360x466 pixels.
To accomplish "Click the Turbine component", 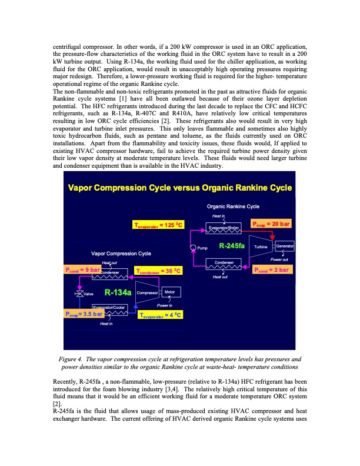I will click(x=261, y=247).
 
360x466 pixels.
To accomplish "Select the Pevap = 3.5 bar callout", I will click(x=84, y=314).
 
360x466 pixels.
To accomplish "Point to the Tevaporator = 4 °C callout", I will click(x=161, y=315).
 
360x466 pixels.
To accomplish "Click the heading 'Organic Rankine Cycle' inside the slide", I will click(x=233, y=207).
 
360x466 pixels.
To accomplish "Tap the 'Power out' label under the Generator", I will click(x=279, y=259).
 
